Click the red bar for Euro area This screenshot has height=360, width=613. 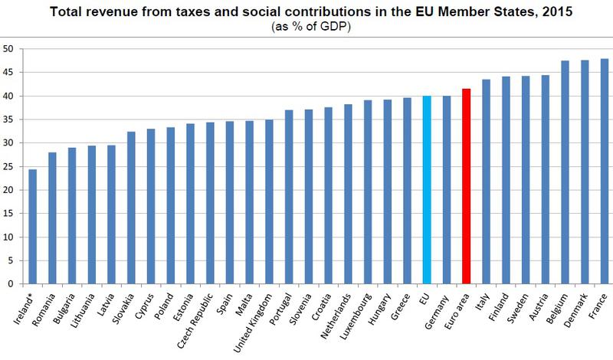coord(466,186)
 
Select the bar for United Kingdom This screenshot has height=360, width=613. coord(269,201)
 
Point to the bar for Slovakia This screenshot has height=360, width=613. coord(131,208)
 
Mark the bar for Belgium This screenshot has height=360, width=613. coord(565,172)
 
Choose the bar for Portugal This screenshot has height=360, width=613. coord(289,197)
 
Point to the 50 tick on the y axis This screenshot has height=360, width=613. coord(10,49)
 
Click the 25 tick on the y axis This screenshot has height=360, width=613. coord(10,166)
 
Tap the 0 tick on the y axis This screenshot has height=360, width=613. coord(12,284)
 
